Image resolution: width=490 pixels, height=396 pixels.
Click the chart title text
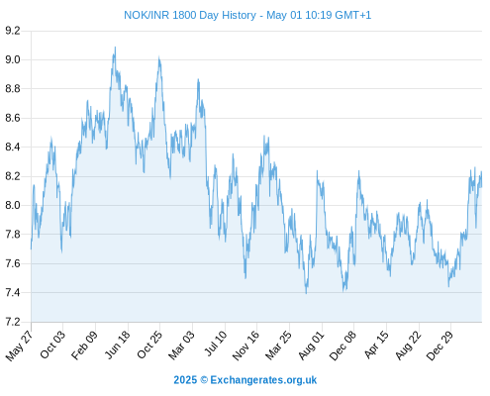pyautogui.click(x=247, y=15)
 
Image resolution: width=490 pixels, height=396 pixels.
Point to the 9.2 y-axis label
pyautogui.click(x=13, y=31)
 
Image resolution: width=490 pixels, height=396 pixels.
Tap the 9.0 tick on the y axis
pyautogui.click(x=13, y=59)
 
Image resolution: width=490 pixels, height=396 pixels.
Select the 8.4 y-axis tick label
pyautogui.click(x=13, y=147)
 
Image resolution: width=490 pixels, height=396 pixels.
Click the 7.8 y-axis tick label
pyautogui.click(x=13, y=235)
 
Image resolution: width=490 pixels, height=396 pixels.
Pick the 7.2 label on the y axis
pyautogui.click(x=13, y=322)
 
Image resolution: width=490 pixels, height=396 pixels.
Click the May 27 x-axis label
pyautogui.click(x=19, y=346)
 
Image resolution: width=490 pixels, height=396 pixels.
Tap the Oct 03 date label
pyautogui.click(x=52, y=345)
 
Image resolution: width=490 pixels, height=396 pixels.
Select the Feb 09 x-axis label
pyautogui.click(x=84, y=345)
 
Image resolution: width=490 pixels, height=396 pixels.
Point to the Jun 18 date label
pyautogui.click(x=117, y=345)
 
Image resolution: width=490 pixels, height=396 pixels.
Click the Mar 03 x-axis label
pyautogui.click(x=181, y=346)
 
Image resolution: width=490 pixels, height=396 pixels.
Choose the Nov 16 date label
pyautogui.click(x=245, y=346)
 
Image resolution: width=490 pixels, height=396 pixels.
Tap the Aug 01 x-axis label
pyautogui.click(x=311, y=346)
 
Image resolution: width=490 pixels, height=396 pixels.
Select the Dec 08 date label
pyautogui.click(x=343, y=346)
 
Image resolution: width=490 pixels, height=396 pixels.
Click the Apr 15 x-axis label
pyautogui.click(x=376, y=345)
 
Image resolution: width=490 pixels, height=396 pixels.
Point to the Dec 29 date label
pyautogui.click(x=440, y=346)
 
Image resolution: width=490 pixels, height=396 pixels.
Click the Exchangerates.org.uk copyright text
pyautogui.click(x=245, y=380)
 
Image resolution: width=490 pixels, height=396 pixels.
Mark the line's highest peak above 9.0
pyautogui.click(x=115, y=48)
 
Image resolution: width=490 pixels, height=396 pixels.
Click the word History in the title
pyautogui.click(x=238, y=15)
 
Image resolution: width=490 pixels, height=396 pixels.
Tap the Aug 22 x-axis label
pyautogui.click(x=408, y=345)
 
